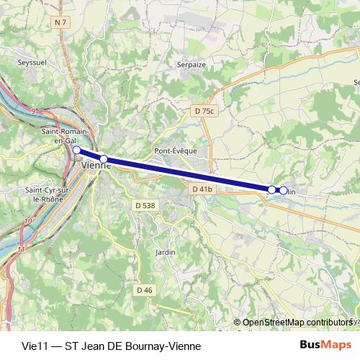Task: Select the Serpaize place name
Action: click(191, 64)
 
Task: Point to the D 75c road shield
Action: click(204, 112)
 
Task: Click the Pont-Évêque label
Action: click(171, 151)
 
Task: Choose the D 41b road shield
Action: click(201, 189)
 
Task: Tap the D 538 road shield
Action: click(145, 205)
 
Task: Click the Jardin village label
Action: click(165, 253)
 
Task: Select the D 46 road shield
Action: click(145, 289)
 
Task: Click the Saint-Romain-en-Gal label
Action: click(65, 136)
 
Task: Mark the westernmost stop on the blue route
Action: click(76, 150)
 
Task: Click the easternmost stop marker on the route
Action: click(284, 191)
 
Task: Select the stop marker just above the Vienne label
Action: click(104, 158)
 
